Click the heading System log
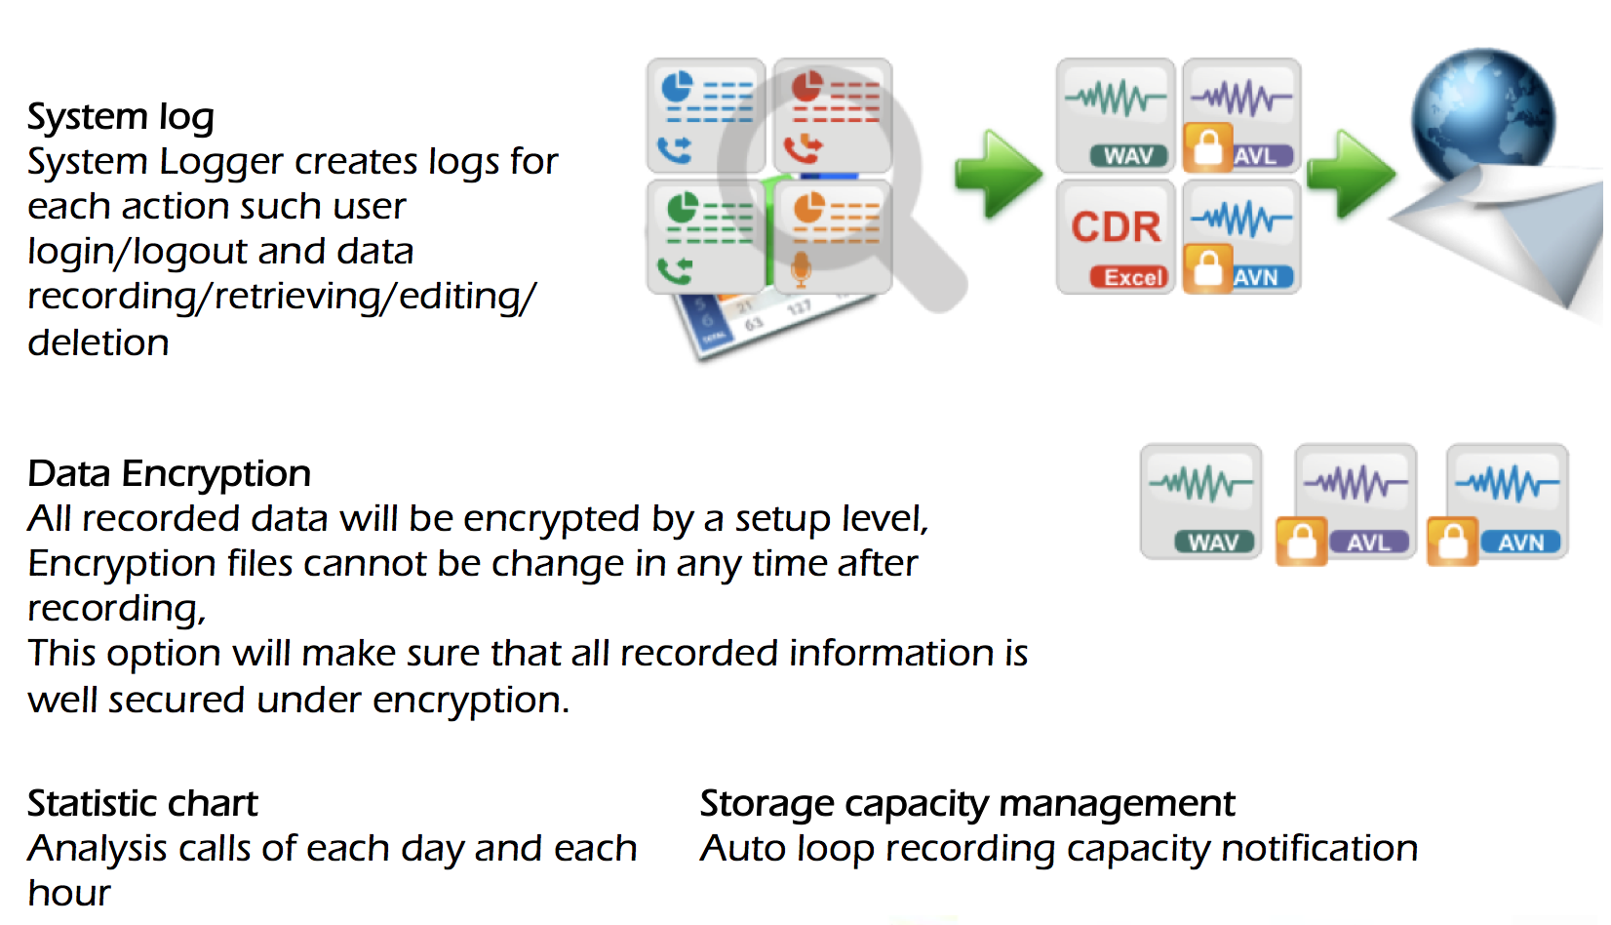coord(120,117)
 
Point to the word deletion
coord(98,342)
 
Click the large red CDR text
coord(1116,226)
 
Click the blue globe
coord(1482,117)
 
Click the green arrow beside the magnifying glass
coord(997,174)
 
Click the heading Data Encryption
coord(169,474)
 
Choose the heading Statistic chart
coord(142,804)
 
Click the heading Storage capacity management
coord(966,804)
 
